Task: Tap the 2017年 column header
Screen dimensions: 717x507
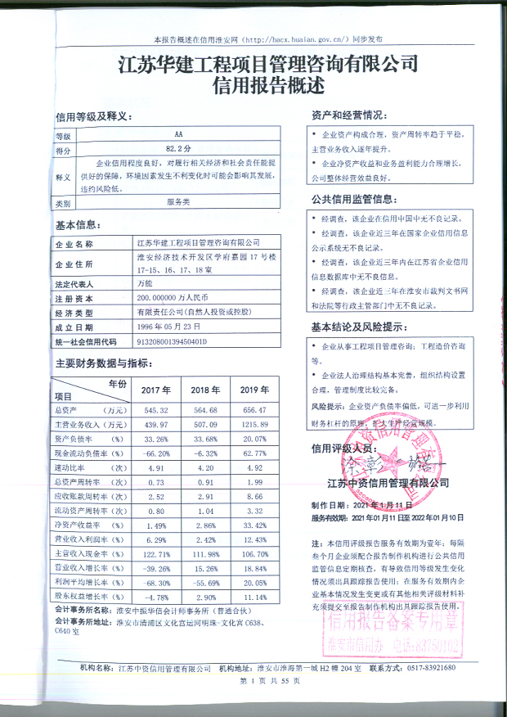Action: [x=155, y=389]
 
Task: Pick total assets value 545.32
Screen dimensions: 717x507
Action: [x=155, y=409]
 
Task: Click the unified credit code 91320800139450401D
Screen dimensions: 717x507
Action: [x=171, y=340]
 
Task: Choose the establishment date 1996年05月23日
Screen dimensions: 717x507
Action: [x=169, y=326]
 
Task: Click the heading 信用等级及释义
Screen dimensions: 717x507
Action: [x=92, y=116]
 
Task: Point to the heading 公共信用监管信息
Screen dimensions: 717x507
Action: [x=357, y=199]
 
